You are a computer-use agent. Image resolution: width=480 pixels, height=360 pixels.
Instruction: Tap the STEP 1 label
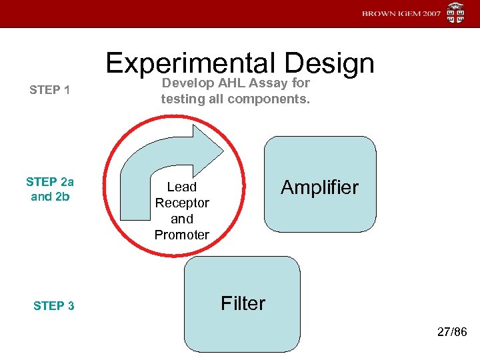50,90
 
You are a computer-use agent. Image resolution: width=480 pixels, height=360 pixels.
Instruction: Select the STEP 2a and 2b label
50,189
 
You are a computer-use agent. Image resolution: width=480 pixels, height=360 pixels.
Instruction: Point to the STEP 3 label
53,306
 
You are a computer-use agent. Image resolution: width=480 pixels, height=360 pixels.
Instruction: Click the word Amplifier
319,187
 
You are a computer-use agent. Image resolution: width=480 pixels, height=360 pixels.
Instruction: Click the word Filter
243,303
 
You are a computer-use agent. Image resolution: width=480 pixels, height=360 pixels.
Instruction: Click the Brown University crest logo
456,13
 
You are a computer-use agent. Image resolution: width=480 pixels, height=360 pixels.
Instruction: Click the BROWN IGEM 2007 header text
401,14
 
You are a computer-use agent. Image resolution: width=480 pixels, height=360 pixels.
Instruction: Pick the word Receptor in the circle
182,203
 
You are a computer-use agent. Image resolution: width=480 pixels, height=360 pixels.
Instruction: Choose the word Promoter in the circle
182,235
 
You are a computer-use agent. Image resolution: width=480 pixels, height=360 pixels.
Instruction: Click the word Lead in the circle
182,187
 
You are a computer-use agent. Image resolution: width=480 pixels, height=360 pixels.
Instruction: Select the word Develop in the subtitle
186,83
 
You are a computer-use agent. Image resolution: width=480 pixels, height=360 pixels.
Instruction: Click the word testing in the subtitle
180,99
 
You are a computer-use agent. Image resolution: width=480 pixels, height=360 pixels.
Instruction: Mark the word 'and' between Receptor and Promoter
182,219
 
